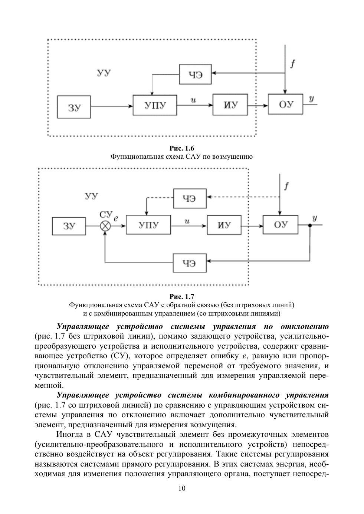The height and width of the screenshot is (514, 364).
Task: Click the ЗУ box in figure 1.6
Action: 74,107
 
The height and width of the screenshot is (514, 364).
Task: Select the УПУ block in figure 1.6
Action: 155,105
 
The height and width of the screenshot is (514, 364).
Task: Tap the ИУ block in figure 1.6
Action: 230,105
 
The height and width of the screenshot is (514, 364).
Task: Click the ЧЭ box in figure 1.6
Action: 196,74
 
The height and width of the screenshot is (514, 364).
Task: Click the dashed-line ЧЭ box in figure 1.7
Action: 190,198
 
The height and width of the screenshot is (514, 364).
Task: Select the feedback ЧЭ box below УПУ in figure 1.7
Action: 190,263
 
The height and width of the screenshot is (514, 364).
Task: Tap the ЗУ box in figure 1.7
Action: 69,226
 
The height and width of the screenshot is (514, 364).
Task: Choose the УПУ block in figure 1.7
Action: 148,225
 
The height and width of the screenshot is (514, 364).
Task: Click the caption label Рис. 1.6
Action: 182,149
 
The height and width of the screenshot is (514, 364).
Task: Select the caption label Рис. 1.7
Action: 182,297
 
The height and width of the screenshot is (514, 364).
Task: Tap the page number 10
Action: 182,488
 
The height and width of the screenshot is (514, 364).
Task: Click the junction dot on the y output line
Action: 310,225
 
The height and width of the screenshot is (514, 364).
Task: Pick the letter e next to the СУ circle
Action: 116,219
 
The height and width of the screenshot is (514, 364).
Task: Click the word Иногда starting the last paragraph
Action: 69,434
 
